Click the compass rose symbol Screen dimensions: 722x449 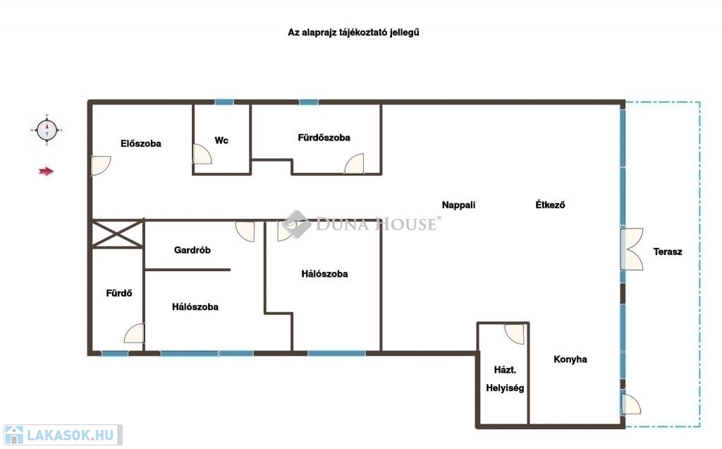coord(47,130)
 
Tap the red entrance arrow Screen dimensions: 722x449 coord(46,172)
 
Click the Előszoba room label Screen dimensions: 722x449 coord(141,143)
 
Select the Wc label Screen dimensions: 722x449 coord(221,140)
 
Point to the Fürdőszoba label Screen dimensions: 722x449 coord(324,138)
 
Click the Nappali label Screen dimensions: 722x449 coord(458,205)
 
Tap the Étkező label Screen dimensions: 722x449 coord(550,204)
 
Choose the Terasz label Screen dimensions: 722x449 coord(668,251)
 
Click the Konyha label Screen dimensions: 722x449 coord(570,359)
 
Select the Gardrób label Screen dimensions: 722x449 coord(192,250)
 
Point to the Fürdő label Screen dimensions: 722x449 coord(118,293)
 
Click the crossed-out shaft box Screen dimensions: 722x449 coord(118,234)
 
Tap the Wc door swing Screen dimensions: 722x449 coord(202,154)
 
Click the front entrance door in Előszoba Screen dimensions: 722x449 coord(100,165)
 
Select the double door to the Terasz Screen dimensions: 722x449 coord(631,249)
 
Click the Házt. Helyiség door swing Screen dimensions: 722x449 coord(515,334)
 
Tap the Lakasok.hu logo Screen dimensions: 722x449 coord(63,435)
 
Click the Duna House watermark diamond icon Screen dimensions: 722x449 coord(296,224)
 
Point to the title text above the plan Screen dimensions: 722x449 coord(354,32)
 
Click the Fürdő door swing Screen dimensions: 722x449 coord(134,333)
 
